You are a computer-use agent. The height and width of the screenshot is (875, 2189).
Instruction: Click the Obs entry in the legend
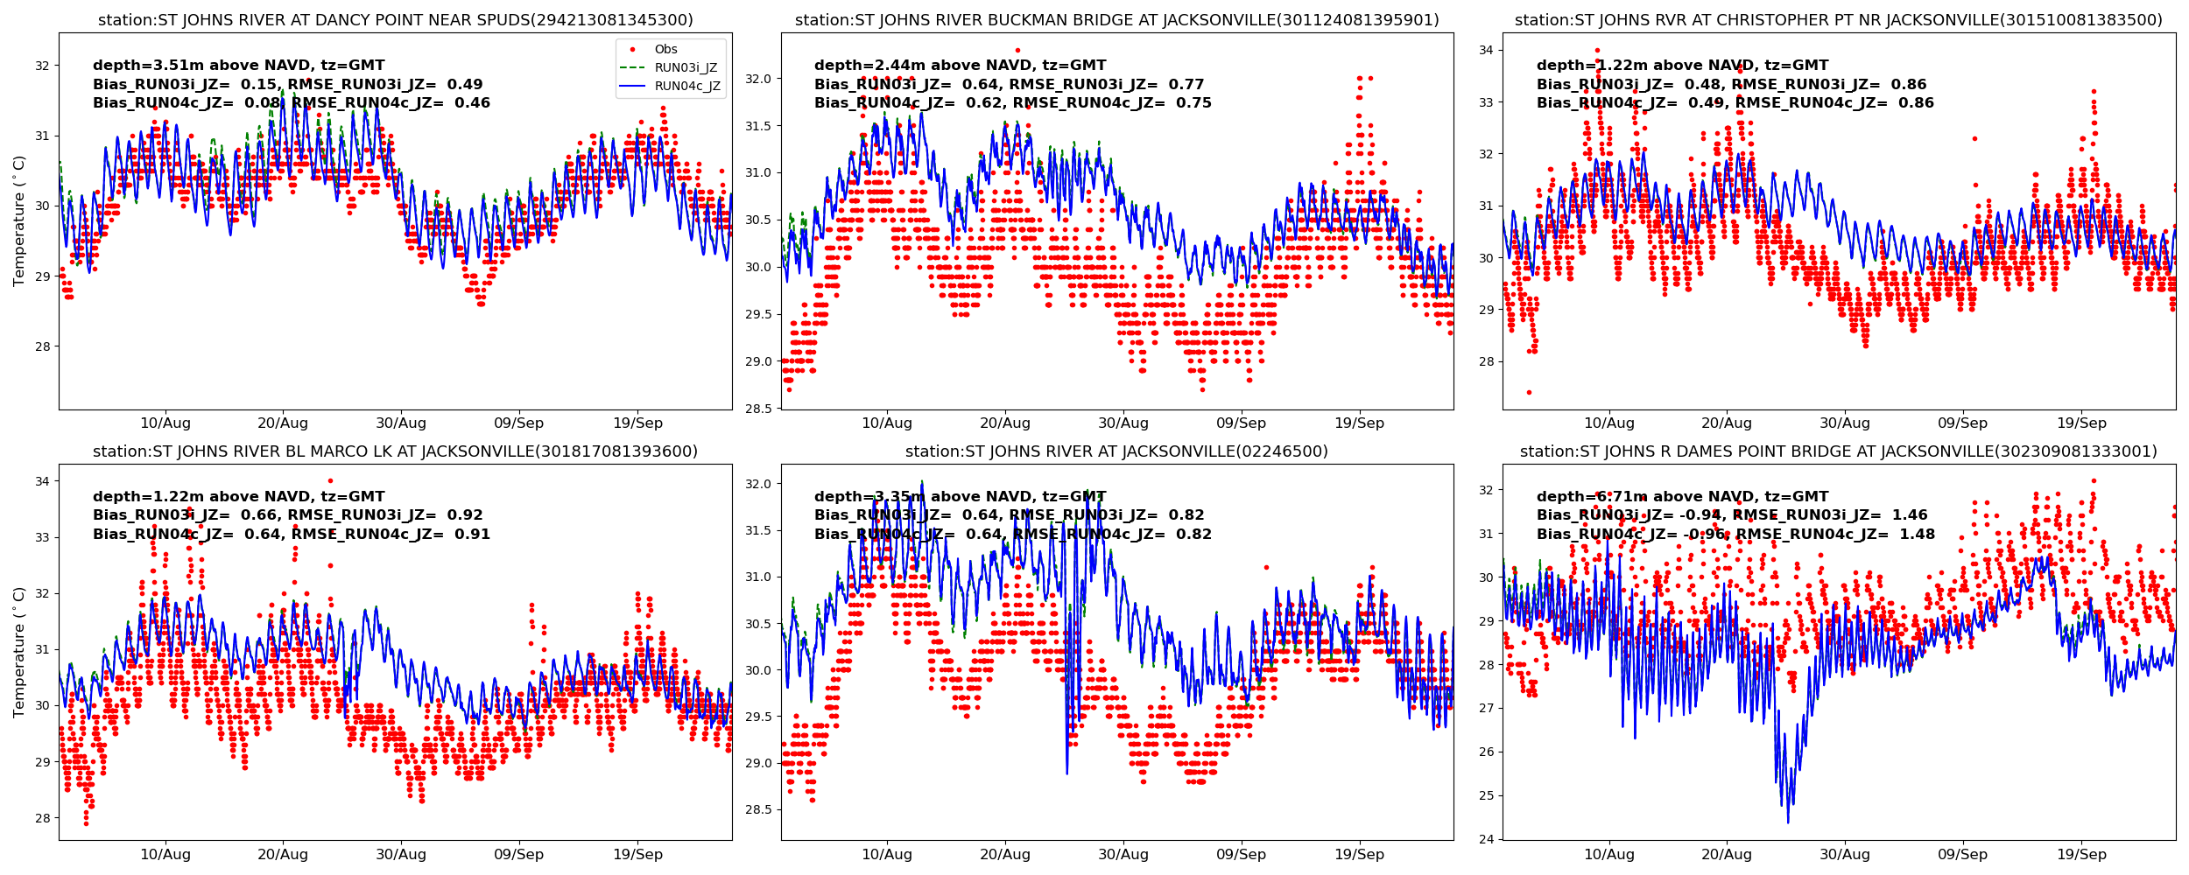pyautogui.click(x=665, y=50)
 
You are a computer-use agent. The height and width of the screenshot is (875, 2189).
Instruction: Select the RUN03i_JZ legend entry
pyautogui.click(x=686, y=68)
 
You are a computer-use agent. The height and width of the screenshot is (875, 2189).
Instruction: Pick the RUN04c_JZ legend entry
pyautogui.click(x=687, y=87)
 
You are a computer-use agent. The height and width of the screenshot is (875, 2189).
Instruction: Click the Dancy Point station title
pyautogui.click(x=395, y=20)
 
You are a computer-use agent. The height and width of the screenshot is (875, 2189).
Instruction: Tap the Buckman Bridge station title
pyautogui.click(x=1116, y=20)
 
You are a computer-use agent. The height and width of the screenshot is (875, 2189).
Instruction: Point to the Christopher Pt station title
pyautogui.click(x=1838, y=20)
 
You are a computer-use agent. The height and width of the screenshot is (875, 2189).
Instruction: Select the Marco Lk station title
pyautogui.click(x=395, y=451)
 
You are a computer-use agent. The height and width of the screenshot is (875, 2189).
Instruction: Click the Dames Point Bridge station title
pyautogui.click(x=1838, y=451)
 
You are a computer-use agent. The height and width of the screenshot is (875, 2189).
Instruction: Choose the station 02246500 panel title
pyautogui.click(x=1116, y=451)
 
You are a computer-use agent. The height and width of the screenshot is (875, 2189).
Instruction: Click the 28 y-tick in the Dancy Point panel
pyautogui.click(x=42, y=346)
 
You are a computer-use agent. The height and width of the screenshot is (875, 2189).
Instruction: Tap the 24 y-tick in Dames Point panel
pyautogui.click(x=1486, y=840)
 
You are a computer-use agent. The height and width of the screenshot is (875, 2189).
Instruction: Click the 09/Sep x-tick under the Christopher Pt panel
pyautogui.click(x=1962, y=423)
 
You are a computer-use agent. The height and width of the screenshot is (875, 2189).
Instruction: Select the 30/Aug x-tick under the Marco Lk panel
pyautogui.click(x=400, y=855)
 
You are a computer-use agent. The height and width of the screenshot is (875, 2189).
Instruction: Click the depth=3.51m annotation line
pyautogui.click(x=238, y=66)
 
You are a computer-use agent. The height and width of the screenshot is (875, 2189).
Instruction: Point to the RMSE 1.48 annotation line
pyautogui.click(x=1735, y=535)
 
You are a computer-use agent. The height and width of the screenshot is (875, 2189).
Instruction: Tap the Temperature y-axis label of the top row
pyautogui.click(x=19, y=220)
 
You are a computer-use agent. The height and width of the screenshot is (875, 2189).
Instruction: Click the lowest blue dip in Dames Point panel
pyautogui.click(x=1787, y=822)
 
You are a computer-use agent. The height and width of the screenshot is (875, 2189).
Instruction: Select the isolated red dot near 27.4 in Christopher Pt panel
pyautogui.click(x=1529, y=392)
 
